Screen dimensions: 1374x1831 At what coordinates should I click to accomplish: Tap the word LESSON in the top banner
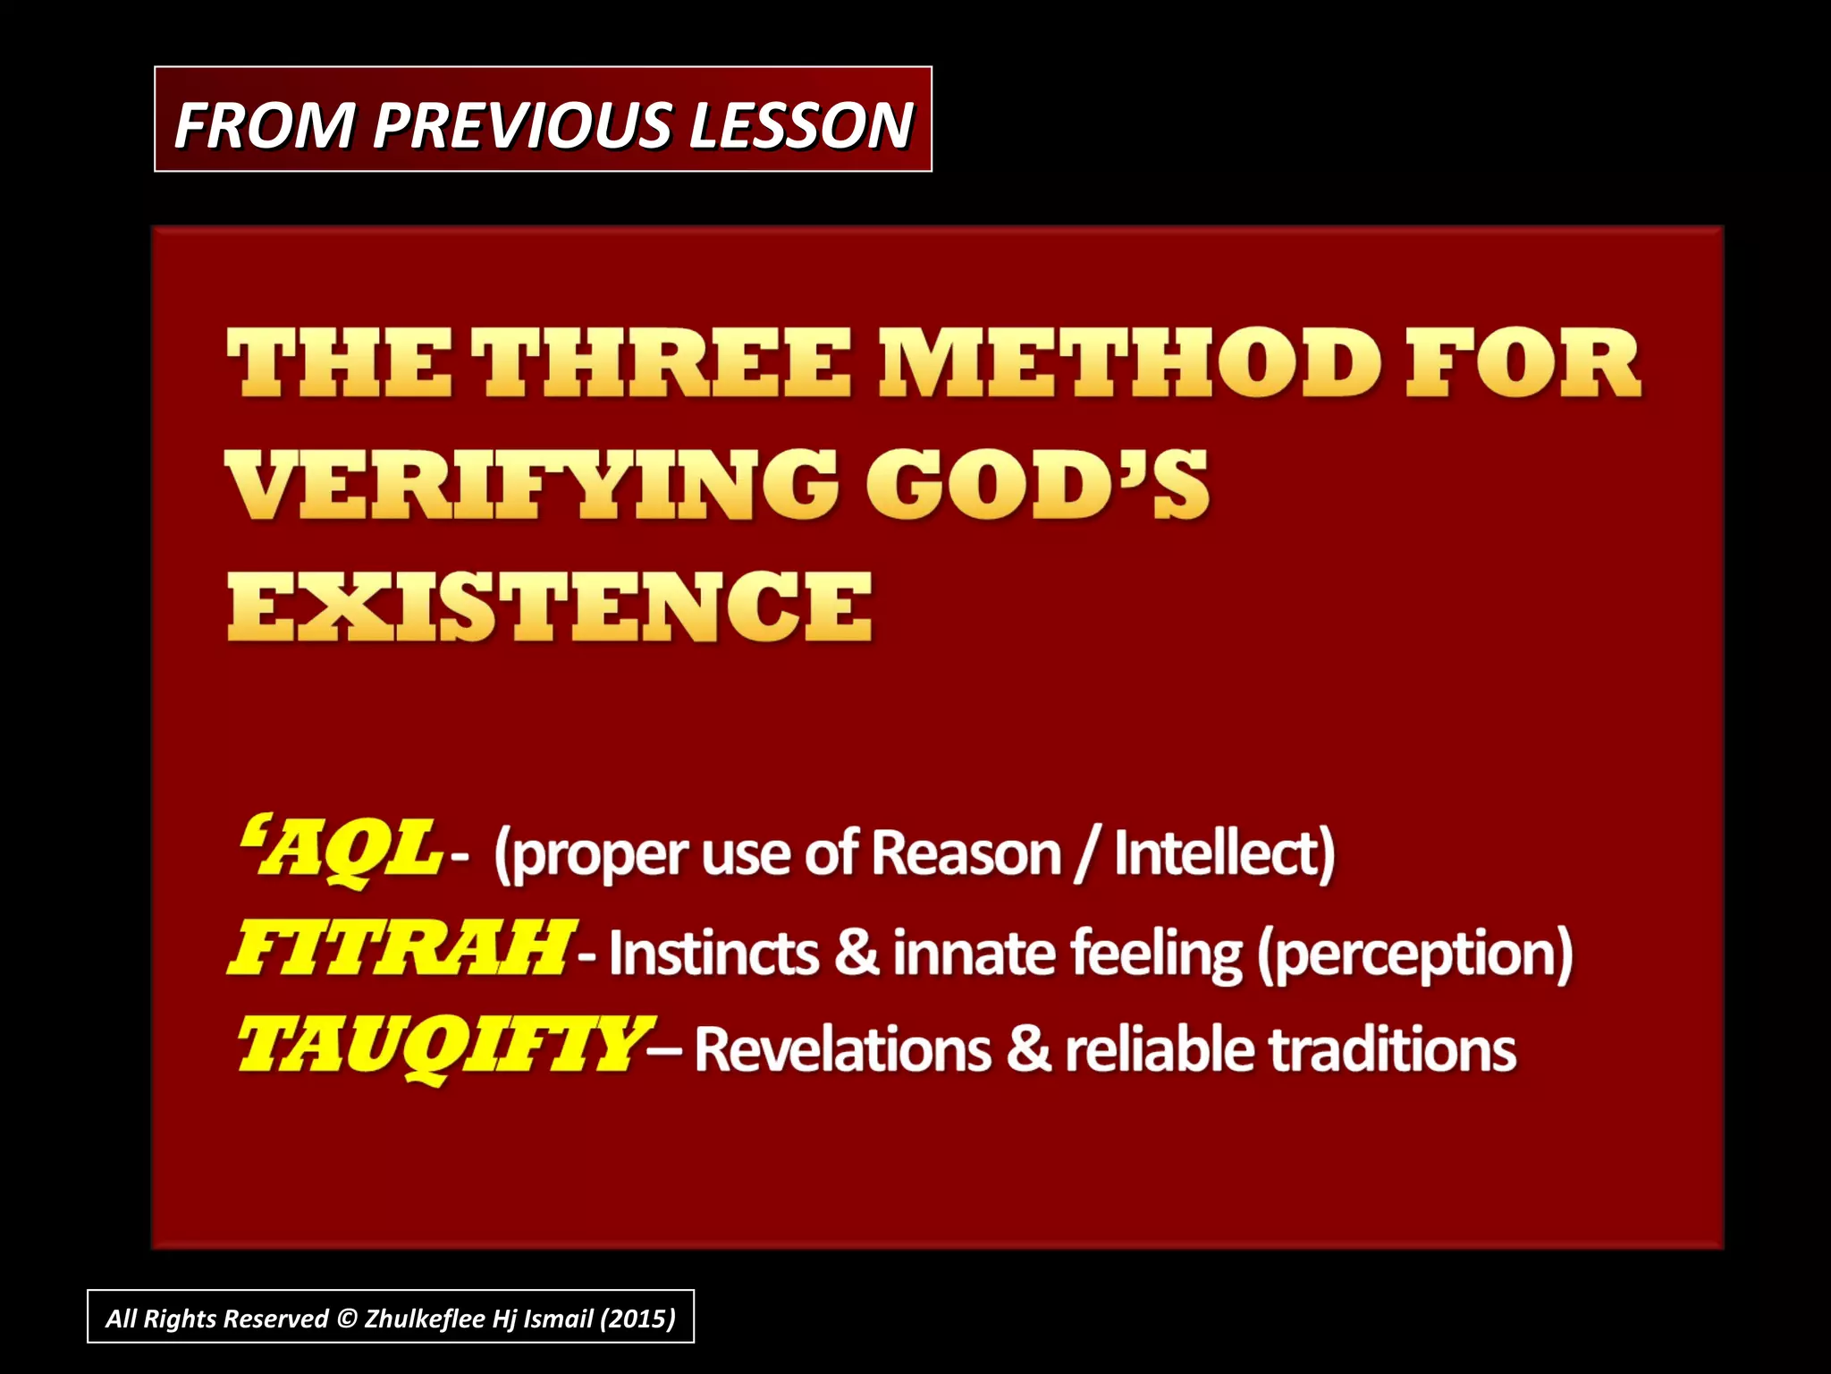point(800,124)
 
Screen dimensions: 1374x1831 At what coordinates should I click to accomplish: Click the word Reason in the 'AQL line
point(966,853)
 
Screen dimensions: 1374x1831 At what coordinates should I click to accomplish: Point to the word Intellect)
point(1224,853)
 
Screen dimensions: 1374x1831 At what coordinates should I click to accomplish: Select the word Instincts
point(713,953)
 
